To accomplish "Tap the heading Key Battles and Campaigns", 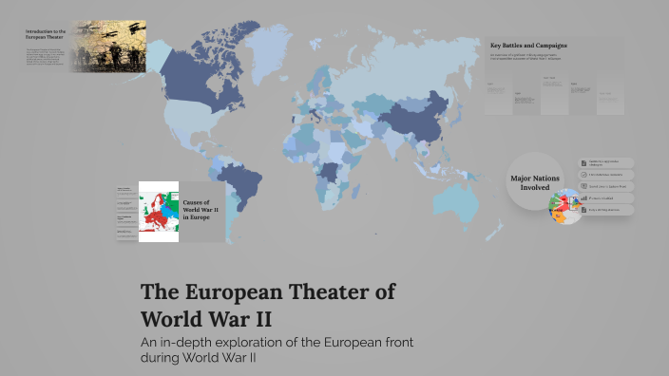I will click(x=528, y=46).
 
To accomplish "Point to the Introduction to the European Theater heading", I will click(x=46, y=36).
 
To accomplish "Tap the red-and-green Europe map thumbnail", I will click(x=159, y=211).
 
